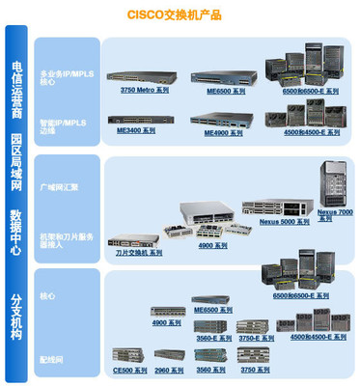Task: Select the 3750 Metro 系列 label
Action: coord(144,90)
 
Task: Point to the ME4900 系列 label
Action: coord(223,134)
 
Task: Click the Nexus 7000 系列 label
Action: coord(335,213)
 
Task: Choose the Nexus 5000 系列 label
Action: coord(284,221)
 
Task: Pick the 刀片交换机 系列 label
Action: coord(138,252)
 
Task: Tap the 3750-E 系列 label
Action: coord(256,339)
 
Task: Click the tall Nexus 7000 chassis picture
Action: coord(334,182)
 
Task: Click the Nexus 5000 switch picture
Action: coord(276,207)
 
